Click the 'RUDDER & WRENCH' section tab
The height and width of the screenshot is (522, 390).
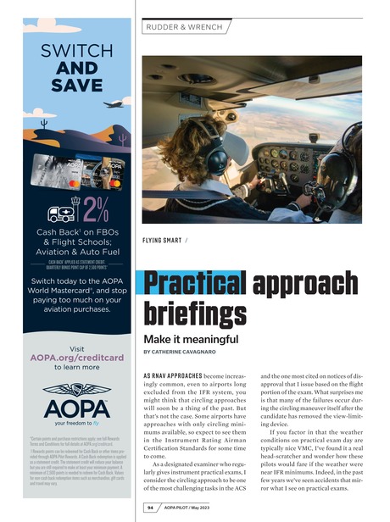pos(186,27)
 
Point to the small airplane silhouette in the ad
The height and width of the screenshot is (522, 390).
pos(111,104)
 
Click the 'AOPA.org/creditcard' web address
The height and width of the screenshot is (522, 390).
pos(77,358)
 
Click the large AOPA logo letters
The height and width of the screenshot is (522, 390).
pos(77,401)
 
